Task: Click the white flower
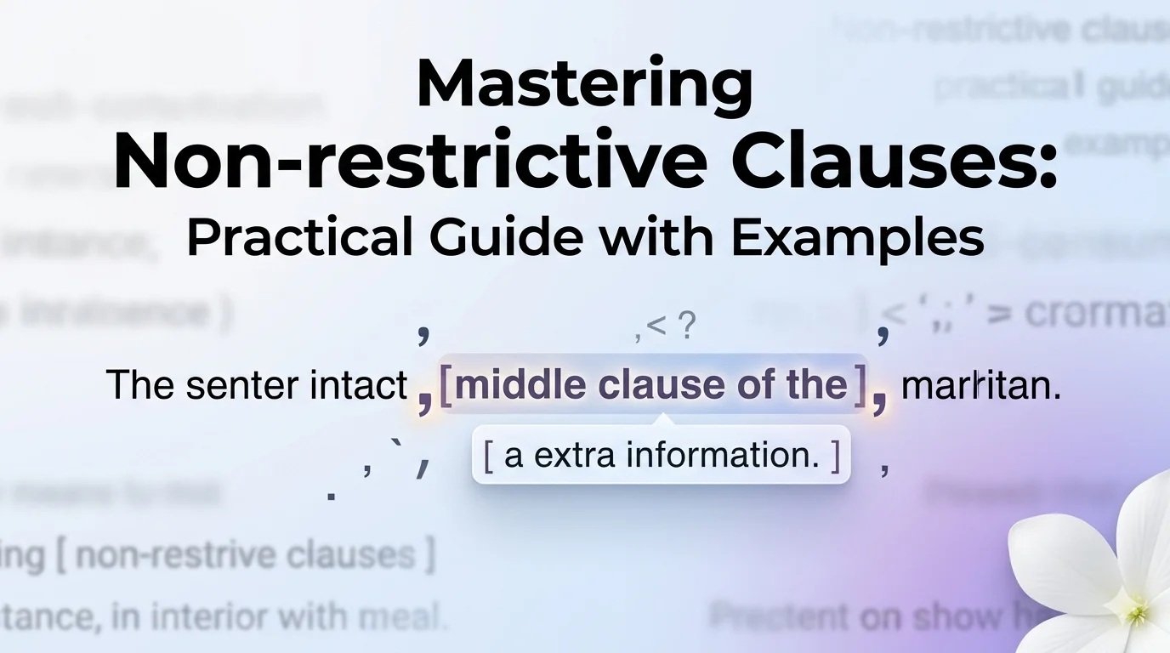point(1097,570)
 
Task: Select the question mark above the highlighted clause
point(687,326)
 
